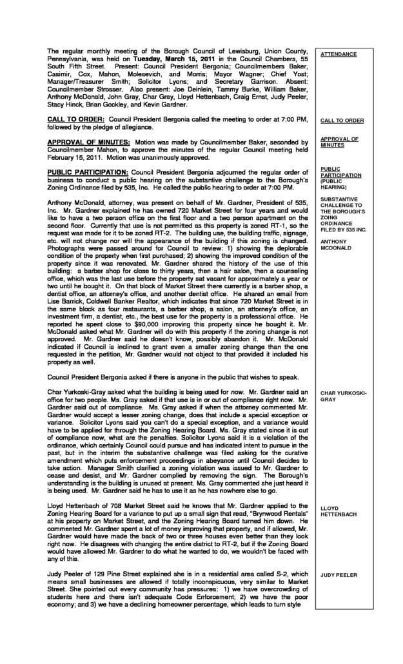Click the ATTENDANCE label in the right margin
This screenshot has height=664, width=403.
coord(339,54)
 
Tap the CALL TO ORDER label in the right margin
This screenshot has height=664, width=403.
coord(342,121)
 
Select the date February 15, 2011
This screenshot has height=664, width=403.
coord(72,157)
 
